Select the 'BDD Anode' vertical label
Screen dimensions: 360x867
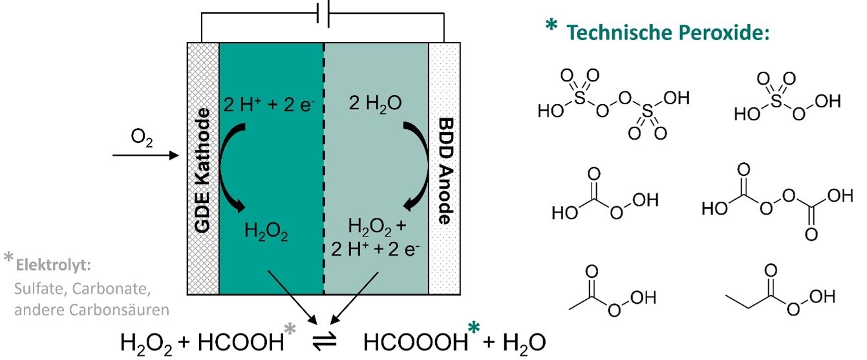[444, 169]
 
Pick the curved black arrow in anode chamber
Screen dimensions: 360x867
[414, 169]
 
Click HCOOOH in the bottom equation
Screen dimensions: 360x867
[414, 341]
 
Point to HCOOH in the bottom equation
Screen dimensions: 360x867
[246, 341]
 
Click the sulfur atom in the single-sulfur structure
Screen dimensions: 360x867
[776, 102]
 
